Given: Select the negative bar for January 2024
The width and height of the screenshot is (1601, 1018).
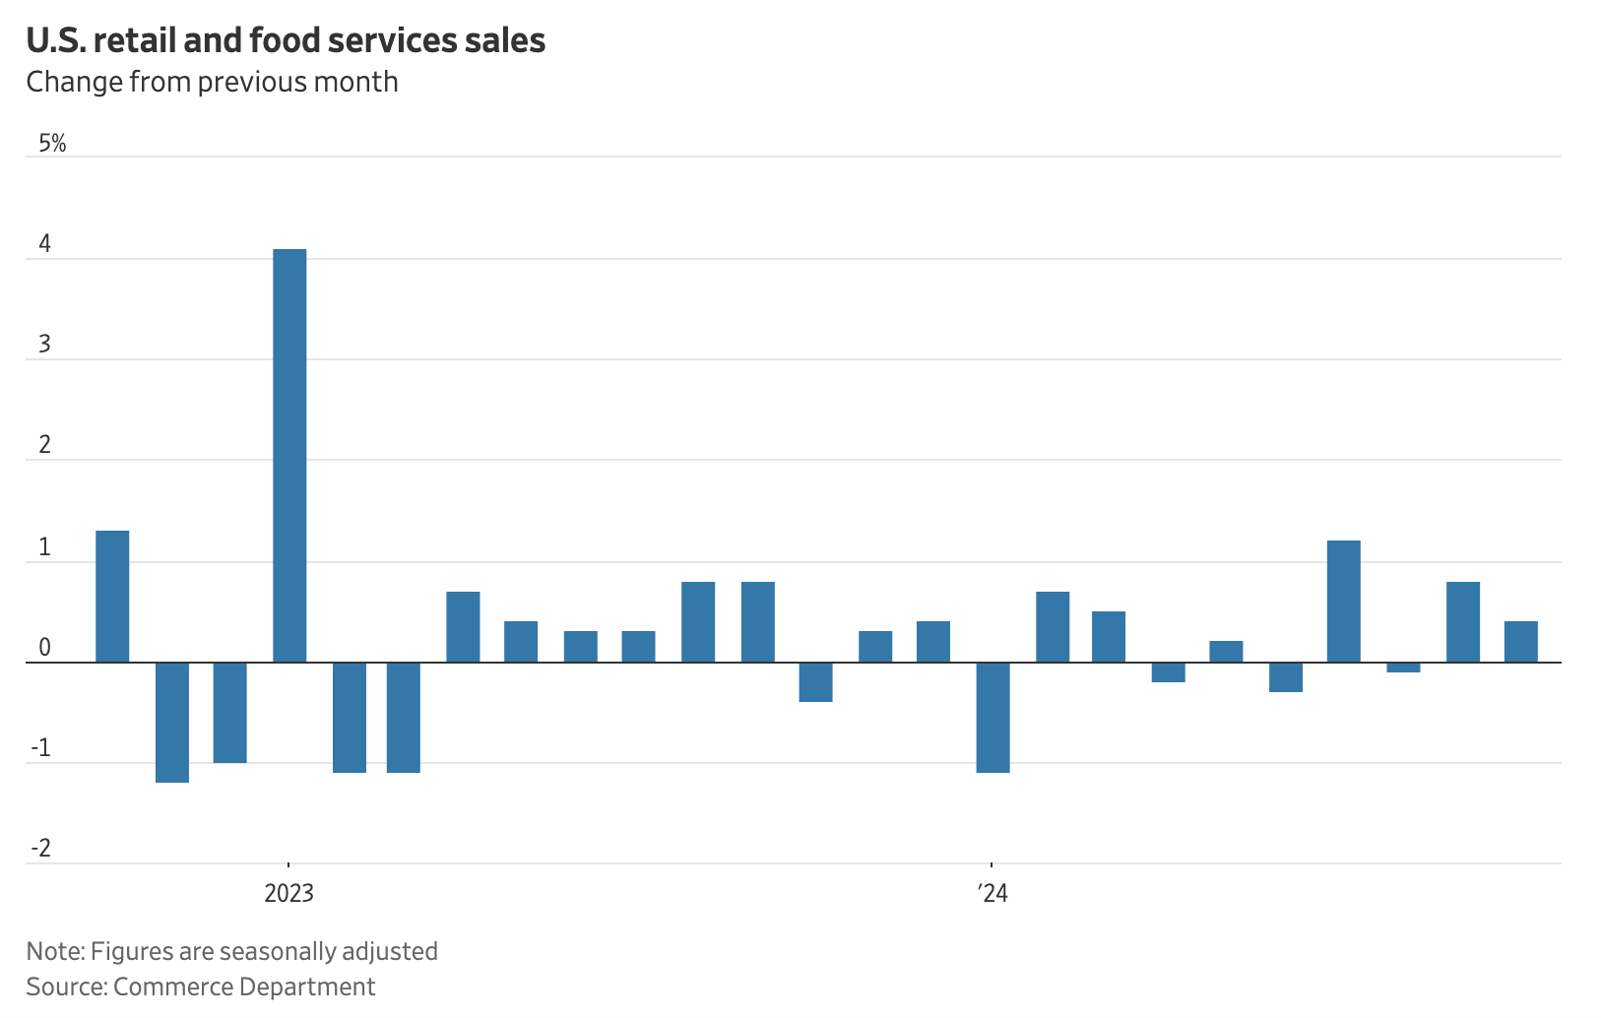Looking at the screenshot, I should (993, 717).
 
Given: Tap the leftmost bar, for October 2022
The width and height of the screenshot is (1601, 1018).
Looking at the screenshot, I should (112, 596).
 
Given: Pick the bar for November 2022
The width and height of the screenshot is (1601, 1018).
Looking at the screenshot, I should (172, 722).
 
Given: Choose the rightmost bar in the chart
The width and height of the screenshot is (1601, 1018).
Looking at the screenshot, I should (1520, 641).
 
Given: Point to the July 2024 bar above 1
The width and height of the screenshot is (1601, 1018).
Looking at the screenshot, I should (1343, 601).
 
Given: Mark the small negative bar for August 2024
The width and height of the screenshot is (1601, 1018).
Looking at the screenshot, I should (1403, 668).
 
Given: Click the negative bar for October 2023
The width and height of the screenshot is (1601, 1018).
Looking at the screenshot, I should (815, 681).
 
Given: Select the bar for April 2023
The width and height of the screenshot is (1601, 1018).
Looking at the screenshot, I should (463, 626).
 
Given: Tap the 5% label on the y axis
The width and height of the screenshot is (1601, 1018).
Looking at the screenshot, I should (52, 144).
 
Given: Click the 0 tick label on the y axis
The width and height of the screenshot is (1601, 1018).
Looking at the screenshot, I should (45, 648).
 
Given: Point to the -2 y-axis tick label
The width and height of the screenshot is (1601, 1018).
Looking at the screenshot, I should (41, 849).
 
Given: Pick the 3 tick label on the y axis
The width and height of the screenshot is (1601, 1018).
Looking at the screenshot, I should (45, 346).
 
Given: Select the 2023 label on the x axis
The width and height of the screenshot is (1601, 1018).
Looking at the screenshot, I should (288, 893).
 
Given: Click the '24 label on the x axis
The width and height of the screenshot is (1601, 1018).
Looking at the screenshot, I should (993, 893).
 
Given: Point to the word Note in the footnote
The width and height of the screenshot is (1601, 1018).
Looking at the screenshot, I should (54, 951).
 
